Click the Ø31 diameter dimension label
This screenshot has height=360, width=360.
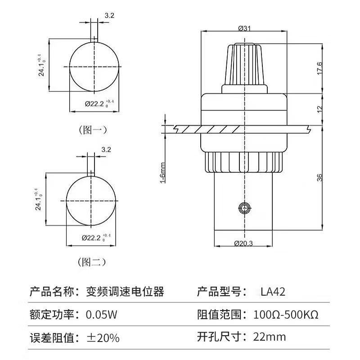coord(244,28)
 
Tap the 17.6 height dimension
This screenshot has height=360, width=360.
coord(319,68)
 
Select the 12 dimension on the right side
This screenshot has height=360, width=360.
coord(319,109)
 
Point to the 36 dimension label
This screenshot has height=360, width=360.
coord(319,177)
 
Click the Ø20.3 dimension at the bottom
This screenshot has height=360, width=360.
coord(243,243)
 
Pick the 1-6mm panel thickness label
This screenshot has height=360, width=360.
coord(162,173)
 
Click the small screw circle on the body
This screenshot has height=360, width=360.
coord(245,208)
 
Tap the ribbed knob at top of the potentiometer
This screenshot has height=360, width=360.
coord(244,64)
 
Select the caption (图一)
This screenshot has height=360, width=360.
coord(93,130)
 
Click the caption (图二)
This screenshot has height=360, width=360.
coord(92,262)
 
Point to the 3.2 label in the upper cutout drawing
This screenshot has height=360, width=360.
coord(109,15)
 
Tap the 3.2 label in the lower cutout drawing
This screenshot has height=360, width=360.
coord(106,149)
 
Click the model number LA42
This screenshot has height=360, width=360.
coord(273,292)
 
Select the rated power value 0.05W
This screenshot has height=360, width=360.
coord(102,315)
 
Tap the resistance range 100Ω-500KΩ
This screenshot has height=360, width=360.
coord(286,315)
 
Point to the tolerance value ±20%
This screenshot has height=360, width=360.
coord(103,338)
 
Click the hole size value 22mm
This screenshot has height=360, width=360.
coord(270,337)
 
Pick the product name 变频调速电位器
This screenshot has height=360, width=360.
coord(125,292)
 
